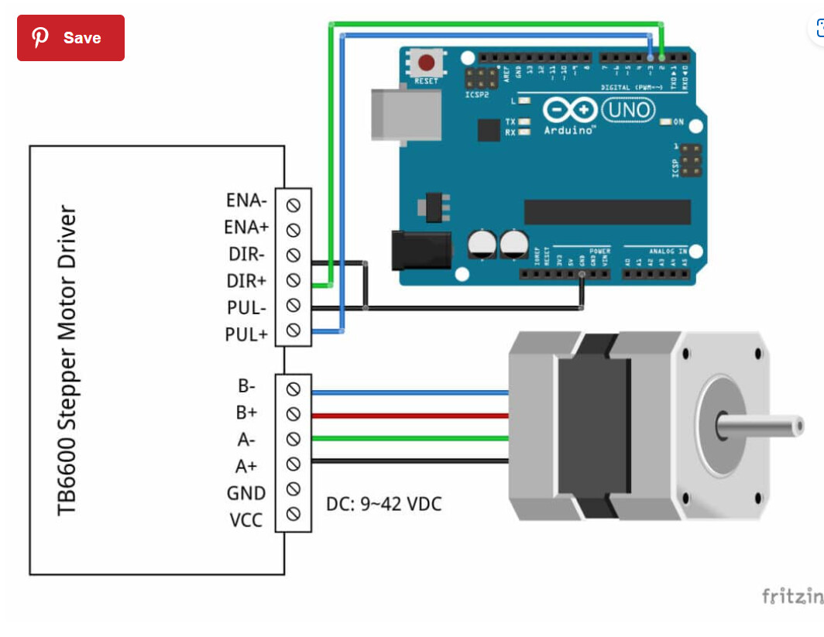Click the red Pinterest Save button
coord(70,38)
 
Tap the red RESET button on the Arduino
coord(426,63)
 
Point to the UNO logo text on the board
coord(627,111)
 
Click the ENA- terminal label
coord(246,200)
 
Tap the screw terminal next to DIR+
coord(294,279)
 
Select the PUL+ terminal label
coord(245,335)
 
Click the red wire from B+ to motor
coord(410,416)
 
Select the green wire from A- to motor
coord(410,439)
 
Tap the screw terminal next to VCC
coord(294,514)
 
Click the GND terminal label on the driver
coord(246,493)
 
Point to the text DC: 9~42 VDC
coord(383,505)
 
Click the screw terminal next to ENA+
coord(294,230)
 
